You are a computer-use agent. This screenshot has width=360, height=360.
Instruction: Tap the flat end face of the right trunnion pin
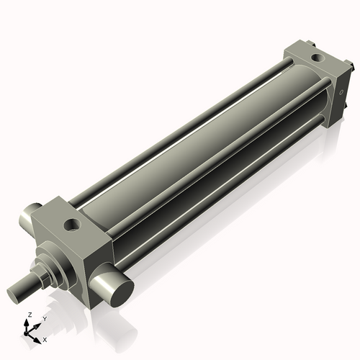tap(117, 287)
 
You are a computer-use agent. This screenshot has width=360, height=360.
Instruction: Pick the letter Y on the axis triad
tap(44, 318)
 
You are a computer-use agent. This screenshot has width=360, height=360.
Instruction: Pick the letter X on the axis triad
tap(45, 338)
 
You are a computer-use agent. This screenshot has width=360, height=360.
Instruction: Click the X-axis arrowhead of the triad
tap(39, 336)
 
